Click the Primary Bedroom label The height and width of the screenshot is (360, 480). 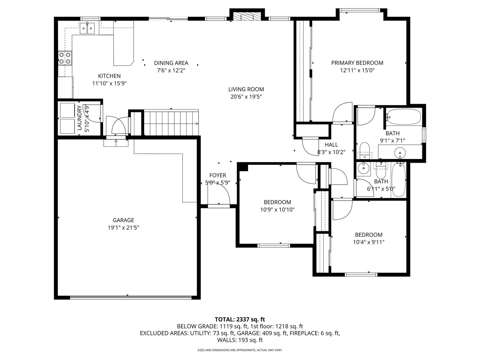[x=357, y=63]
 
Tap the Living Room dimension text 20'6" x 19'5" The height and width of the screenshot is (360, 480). [x=246, y=97]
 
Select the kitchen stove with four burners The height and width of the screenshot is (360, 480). [x=65, y=58]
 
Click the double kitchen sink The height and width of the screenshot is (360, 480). [x=87, y=28]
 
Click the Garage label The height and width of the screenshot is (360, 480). [x=123, y=220]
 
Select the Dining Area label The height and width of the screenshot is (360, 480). [x=171, y=63]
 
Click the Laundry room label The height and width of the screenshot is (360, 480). [x=79, y=118]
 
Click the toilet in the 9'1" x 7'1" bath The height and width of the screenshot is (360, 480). [x=364, y=150]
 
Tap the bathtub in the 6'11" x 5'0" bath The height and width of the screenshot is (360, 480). [x=398, y=180]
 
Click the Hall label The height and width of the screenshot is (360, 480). [x=331, y=145]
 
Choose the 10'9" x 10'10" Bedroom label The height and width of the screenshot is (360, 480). [x=277, y=202]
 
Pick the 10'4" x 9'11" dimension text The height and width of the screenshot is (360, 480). [x=369, y=242]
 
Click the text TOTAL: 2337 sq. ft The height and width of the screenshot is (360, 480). [x=240, y=320]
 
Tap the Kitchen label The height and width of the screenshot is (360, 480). [x=109, y=76]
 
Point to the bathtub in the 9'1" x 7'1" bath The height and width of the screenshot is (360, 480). [x=403, y=117]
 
